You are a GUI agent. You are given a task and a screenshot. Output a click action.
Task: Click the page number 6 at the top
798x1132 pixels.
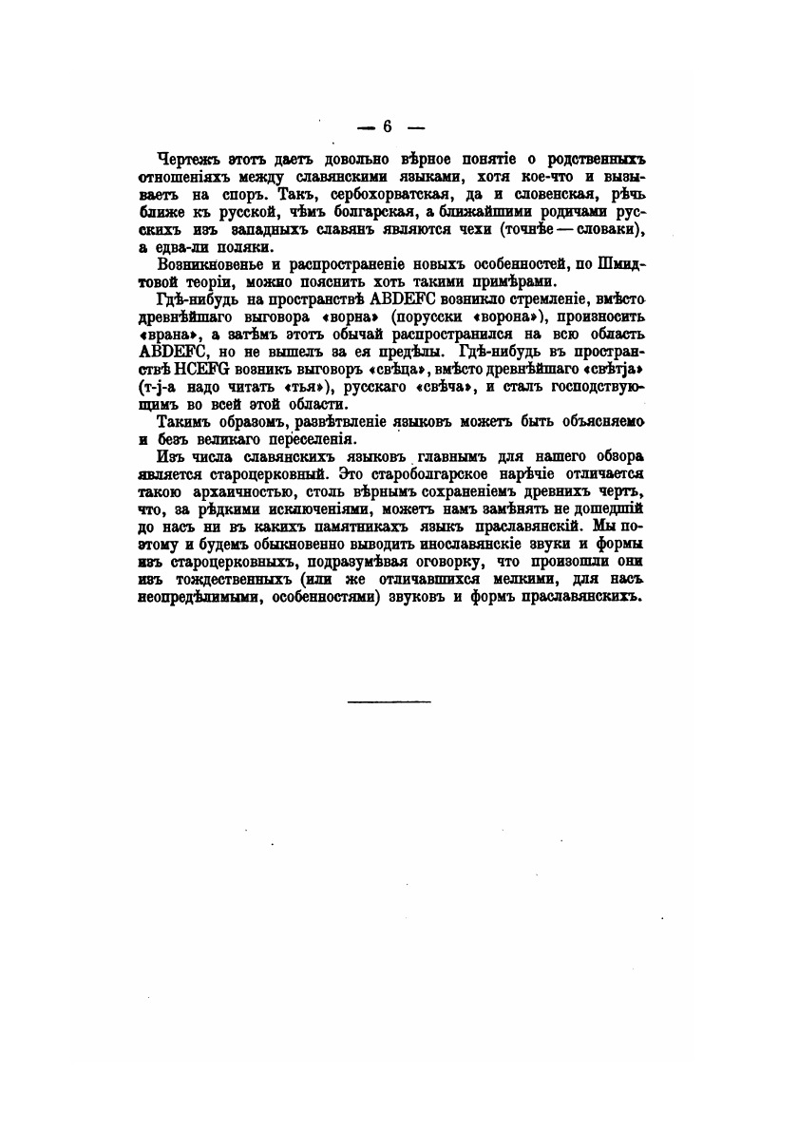coord(388,126)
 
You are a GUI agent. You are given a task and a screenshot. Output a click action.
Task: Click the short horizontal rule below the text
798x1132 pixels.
coord(389,702)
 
